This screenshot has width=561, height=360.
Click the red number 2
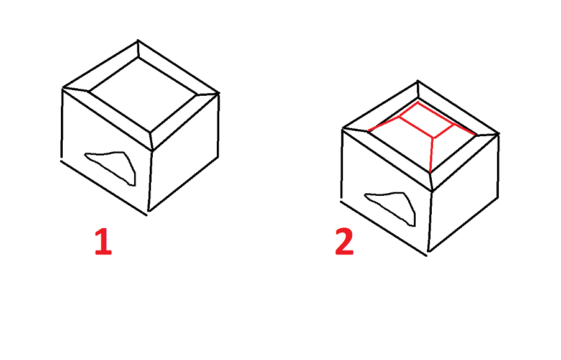coord(344,242)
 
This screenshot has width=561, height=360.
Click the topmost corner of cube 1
coord(138,42)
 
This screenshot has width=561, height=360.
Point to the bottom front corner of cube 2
coord(428,253)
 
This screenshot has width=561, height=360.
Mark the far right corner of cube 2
coord(498,133)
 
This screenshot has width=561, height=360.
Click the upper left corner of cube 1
coord(63,88)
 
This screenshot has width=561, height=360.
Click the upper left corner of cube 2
coord(344,129)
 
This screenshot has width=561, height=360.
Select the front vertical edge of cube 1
coord(150,180)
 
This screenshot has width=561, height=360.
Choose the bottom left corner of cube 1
coord(61,160)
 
